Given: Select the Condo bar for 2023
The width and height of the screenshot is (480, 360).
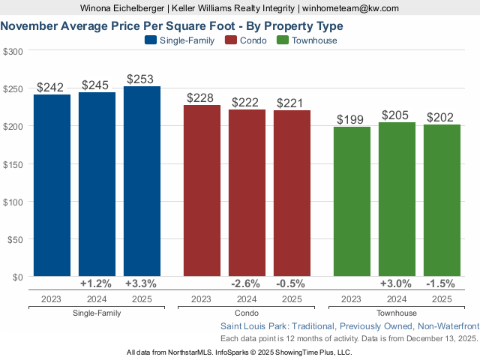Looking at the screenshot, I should tap(202, 190).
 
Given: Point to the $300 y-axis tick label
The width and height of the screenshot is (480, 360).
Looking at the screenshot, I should tap(13, 52).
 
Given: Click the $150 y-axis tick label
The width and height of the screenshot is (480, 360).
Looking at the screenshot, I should tap(13, 164).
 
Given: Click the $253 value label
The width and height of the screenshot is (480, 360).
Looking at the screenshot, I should tap(142, 79).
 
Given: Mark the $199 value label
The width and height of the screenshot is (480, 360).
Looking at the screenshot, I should tap(352, 119).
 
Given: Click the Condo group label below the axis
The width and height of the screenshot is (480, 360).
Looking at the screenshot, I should tap(247, 313).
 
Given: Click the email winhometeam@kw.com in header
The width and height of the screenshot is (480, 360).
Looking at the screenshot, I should tap(351, 8).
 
